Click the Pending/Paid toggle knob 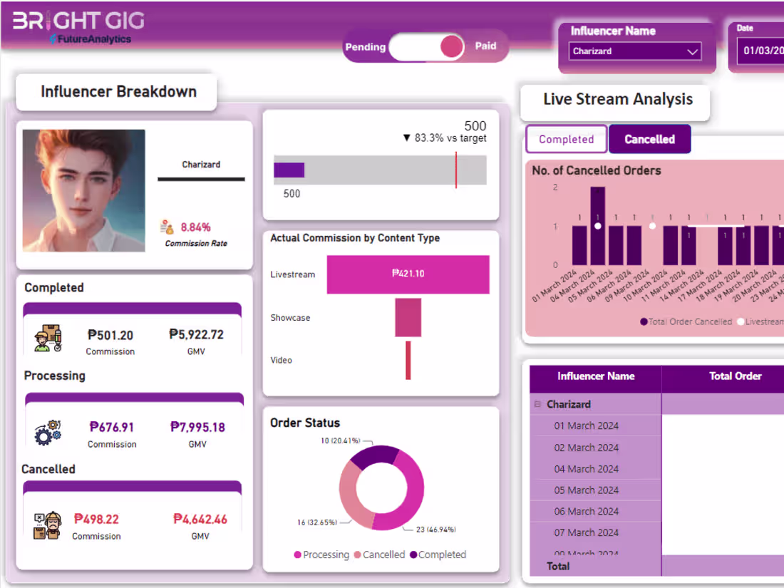click(452, 47)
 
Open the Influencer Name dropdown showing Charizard click(634, 51)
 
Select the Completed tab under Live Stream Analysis click(566, 139)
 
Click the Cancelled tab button click(649, 139)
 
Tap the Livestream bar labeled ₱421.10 click(408, 274)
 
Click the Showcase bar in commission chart click(408, 318)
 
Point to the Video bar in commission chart click(408, 360)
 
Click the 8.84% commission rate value click(195, 227)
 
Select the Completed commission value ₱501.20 click(110, 335)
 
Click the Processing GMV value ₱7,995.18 click(197, 427)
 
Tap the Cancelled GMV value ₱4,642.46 click(200, 519)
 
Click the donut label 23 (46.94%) click(435, 529)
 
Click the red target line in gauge click(456, 170)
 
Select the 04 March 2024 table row click(586, 469)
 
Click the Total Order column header click(735, 376)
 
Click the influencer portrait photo click(84, 190)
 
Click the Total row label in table click(558, 566)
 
